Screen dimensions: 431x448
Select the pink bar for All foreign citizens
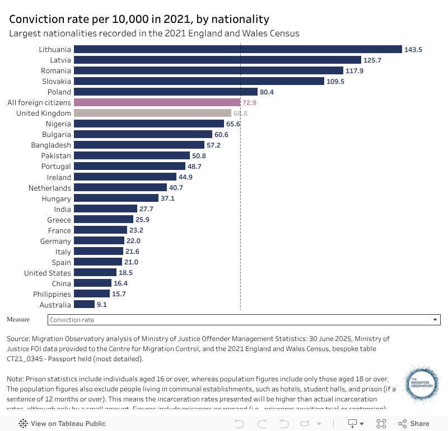pyautogui.click(x=157, y=102)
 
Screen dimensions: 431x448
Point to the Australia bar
pyautogui.click(x=84, y=305)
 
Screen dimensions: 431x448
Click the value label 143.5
pyautogui.click(x=413, y=49)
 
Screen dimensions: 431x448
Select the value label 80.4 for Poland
pyautogui.click(x=267, y=92)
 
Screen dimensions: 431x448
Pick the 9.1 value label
pyautogui.click(x=101, y=305)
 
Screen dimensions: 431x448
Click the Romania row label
pyautogui.click(x=56, y=70)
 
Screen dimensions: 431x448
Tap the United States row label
pyautogui.click(x=48, y=273)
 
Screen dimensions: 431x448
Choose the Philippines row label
pyautogui.click(x=52, y=294)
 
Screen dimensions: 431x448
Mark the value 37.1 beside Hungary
pyautogui.click(x=167, y=198)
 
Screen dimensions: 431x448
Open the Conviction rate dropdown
pyautogui.click(x=244, y=320)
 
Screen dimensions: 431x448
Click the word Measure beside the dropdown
pyautogui.click(x=19, y=319)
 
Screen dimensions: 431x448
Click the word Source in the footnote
pyautogui.click(x=18, y=339)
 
